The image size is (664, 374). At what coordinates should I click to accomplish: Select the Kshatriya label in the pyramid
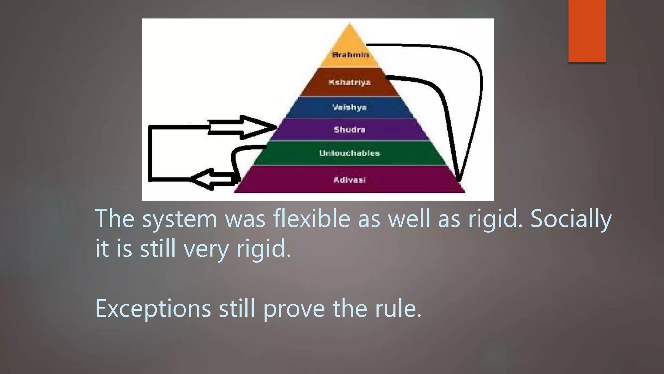(350, 82)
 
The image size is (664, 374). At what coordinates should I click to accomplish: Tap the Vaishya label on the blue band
(350, 107)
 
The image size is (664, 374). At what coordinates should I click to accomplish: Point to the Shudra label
(350, 130)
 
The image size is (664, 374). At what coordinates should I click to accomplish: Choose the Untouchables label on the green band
(350, 153)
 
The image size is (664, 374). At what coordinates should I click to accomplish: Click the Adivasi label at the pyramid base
(350, 180)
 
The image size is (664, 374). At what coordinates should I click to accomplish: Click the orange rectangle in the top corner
(587, 31)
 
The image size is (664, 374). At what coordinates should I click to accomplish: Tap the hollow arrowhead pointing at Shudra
(256, 127)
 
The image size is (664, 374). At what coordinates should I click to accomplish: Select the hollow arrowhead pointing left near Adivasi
(203, 179)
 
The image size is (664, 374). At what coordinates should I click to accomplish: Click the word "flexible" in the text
(311, 218)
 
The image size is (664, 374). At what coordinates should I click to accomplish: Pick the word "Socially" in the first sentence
(571, 219)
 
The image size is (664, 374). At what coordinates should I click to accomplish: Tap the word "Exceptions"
(153, 308)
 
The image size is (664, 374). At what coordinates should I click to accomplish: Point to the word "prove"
(294, 308)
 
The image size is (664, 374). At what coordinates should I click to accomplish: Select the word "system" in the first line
(180, 219)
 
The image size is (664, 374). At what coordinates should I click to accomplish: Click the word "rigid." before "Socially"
(495, 219)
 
